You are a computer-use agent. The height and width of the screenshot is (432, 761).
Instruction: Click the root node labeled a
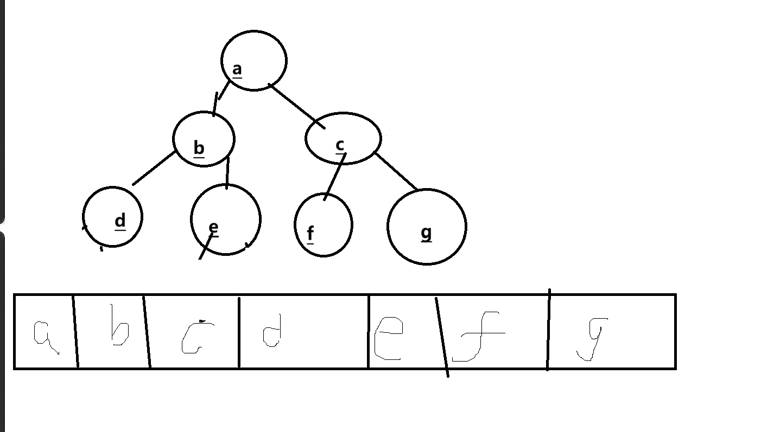pyautogui.click(x=253, y=60)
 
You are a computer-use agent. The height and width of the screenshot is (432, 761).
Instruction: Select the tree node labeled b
pyautogui.click(x=204, y=139)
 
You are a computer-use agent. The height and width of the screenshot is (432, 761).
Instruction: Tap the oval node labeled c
pyautogui.click(x=343, y=138)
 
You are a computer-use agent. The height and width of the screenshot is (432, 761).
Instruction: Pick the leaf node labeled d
pyautogui.click(x=113, y=217)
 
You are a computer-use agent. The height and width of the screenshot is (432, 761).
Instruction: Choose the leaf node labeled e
pyautogui.click(x=226, y=219)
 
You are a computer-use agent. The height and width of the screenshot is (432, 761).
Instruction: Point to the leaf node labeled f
pyautogui.click(x=324, y=224)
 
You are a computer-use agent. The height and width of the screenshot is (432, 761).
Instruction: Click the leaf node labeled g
pyautogui.click(x=427, y=227)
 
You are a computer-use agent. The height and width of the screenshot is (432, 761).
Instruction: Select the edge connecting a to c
pyautogui.click(x=297, y=106)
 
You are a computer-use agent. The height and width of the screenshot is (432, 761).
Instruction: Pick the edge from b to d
pyautogui.click(x=154, y=168)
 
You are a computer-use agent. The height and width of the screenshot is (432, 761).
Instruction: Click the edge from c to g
pyautogui.click(x=396, y=172)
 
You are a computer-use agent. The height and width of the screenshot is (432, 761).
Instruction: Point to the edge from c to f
pyautogui.click(x=334, y=177)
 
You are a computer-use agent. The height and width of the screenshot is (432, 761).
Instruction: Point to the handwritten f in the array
pyautogui.click(x=477, y=337)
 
